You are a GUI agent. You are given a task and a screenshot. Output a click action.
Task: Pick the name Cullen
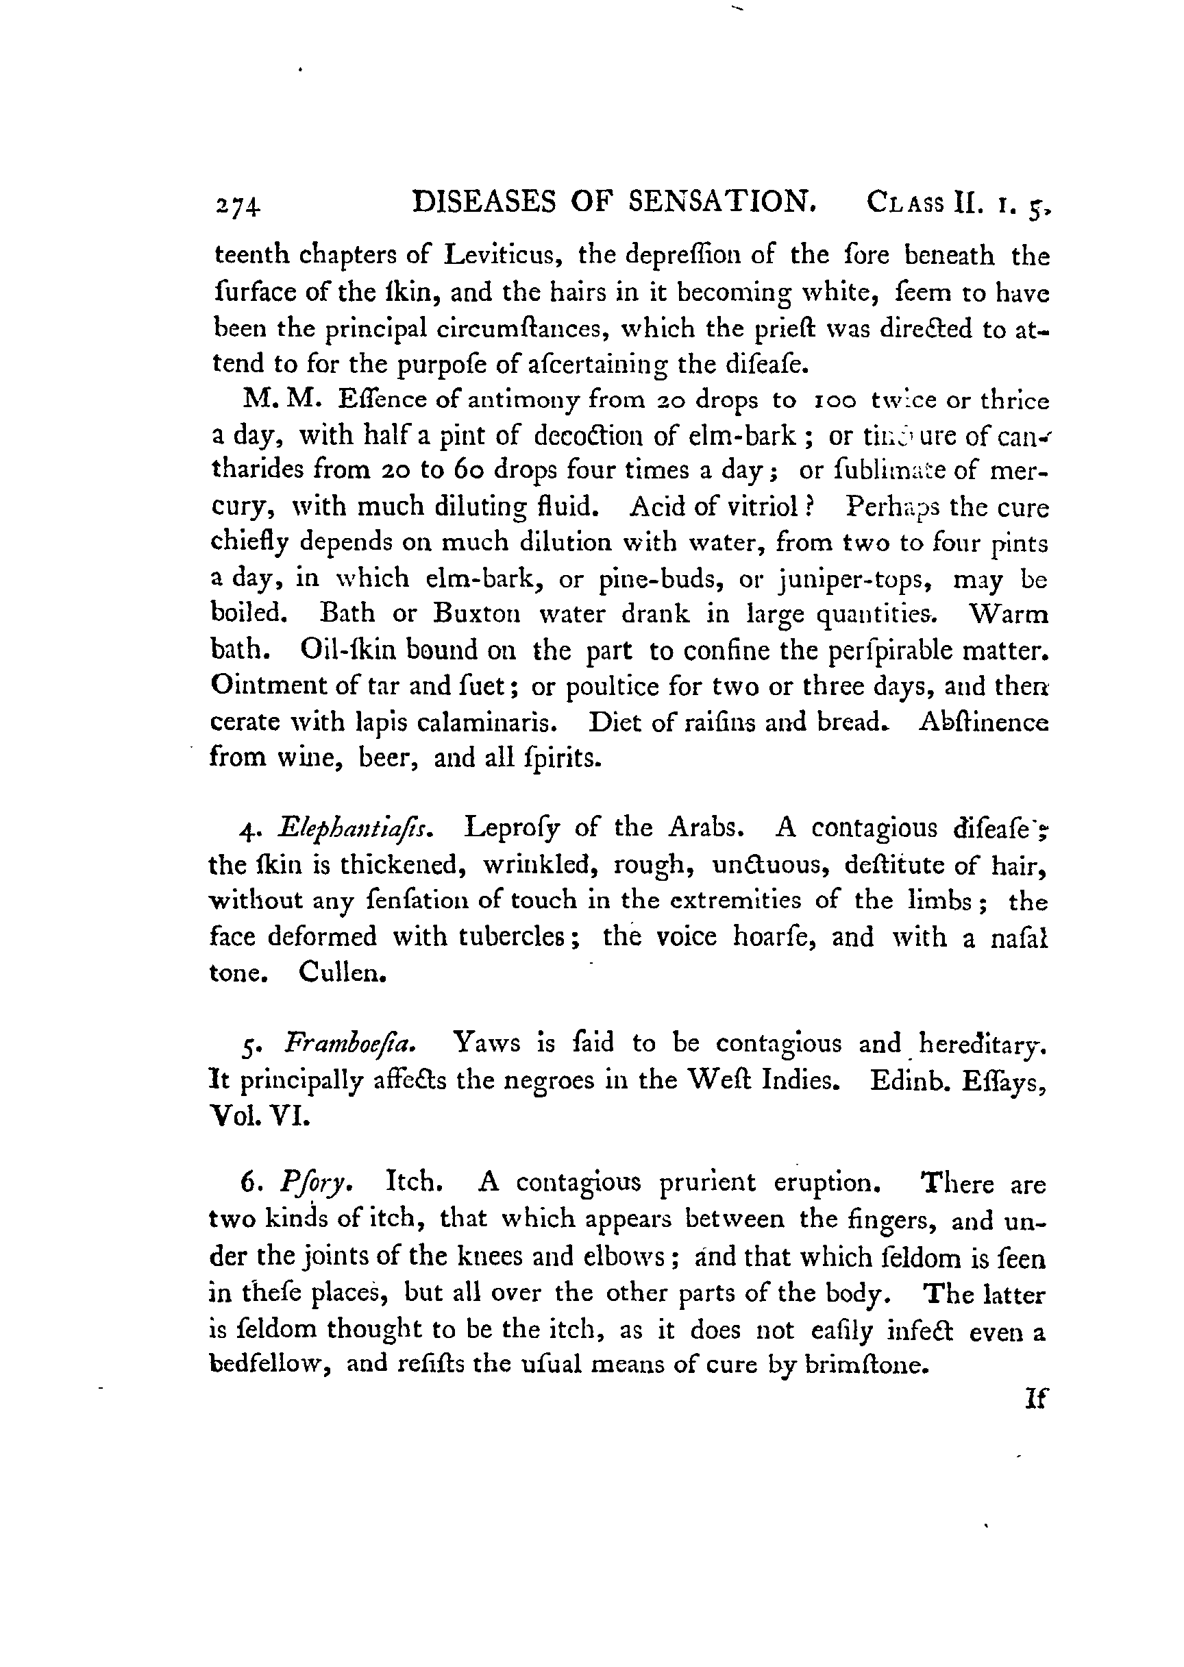pos(342,973)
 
